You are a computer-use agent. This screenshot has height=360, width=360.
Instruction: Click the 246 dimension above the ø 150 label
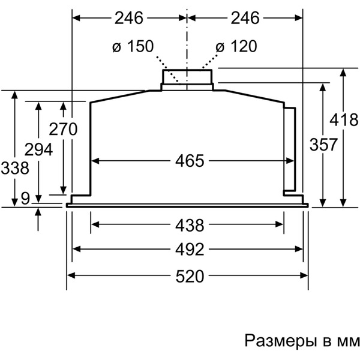pyautogui.click(x=129, y=18)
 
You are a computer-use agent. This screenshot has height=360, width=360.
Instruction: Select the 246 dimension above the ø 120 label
pyautogui.click(x=244, y=18)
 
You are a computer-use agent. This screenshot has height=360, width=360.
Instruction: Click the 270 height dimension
pyautogui.click(x=63, y=129)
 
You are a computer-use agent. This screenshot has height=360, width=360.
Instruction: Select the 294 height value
pyautogui.click(x=38, y=149)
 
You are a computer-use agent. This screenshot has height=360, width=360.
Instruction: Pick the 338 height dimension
pyautogui.click(x=15, y=169)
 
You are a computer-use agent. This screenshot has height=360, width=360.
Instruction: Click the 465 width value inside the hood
pyautogui.click(x=190, y=161)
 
